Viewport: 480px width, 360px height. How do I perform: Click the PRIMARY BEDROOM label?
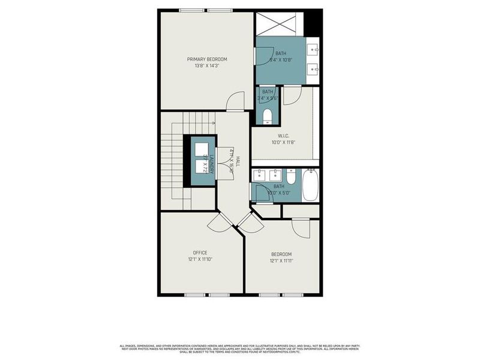(x=207, y=59)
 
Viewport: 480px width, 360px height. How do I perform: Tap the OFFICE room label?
(x=200, y=253)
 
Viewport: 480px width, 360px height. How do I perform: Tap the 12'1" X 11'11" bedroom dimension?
(x=281, y=260)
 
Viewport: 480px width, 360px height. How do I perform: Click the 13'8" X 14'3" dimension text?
(x=207, y=66)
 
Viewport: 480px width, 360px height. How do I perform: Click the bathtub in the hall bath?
(x=310, y=185)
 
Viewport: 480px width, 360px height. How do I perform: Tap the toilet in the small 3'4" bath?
(x=267, y=116)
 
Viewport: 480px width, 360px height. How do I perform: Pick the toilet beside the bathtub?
(x=291, y=177)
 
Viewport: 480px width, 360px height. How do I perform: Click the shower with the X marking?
(x=276, y=25)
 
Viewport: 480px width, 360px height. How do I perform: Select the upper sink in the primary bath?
(x=313, y=49)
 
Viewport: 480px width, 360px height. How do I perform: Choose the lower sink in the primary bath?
(x=313, y=70)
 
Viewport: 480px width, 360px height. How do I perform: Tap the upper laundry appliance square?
(x=202, y=149)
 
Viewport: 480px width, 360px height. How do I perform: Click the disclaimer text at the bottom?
(x=240, y=348)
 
